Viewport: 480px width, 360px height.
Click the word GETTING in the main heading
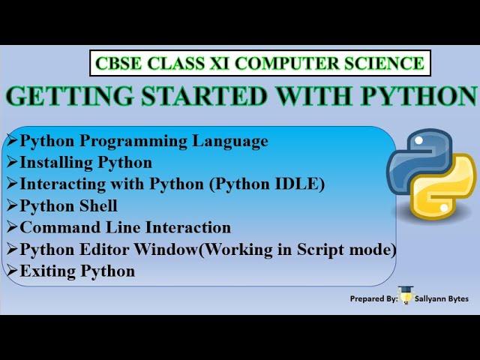pos(70,96)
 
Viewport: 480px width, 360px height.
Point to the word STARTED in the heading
pos(205,96)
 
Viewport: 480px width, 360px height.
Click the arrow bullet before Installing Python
pos(12,162)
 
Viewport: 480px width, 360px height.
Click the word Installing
pos(56,163)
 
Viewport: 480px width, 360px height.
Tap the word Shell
pos(98,205)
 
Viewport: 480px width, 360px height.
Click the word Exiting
pos(48,271)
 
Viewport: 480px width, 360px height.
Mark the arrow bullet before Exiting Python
pos(12,271)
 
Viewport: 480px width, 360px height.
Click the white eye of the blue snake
pos(418,140)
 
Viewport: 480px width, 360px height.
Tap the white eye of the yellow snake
pos(443,208)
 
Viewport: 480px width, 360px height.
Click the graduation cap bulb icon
pos(406,295)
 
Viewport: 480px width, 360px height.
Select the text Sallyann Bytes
pos(442,298)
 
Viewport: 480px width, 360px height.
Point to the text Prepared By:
pos(374,298)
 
